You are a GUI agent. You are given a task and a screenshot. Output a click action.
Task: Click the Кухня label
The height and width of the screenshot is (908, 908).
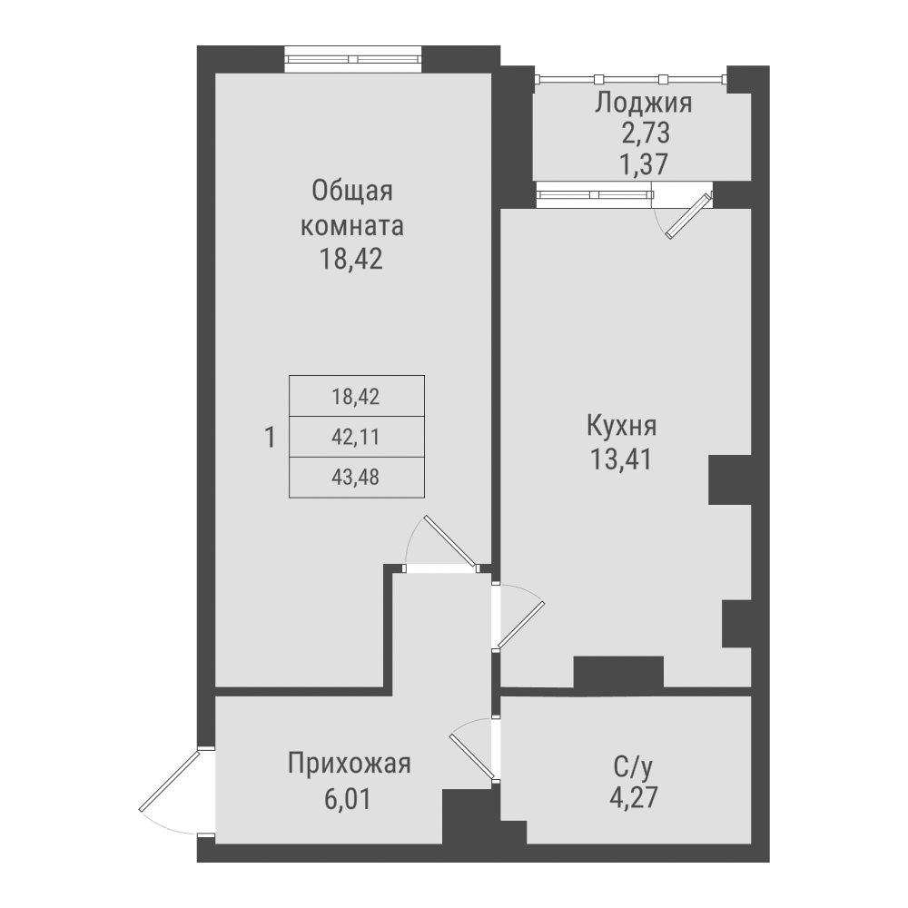pyautogui.click(x=622, y=425)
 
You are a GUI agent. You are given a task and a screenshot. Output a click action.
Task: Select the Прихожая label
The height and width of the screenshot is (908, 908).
pyautogui.click(x=350, y=763)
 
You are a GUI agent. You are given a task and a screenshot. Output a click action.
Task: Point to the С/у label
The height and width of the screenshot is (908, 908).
pyautogui.click(x=632, y=768)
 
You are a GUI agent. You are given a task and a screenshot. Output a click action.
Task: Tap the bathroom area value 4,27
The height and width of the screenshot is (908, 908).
pyautogui.click(x=633, y=800)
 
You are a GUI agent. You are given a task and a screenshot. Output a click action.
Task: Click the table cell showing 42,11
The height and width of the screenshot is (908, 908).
pyautogui.click(x=356, y=437)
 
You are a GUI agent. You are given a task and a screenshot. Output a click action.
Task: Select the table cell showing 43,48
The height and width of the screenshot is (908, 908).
pyautogui.click(x=356, y=477)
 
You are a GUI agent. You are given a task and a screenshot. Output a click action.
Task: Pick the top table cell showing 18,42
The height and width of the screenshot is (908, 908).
pyautogui.click(x=356, y=396)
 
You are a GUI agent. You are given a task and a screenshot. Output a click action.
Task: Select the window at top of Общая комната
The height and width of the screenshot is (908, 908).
pyautogui.click(x=353, y=59)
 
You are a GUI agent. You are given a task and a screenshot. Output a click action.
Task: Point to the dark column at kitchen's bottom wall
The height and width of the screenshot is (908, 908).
pyautogui.click(x=617, y=672)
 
